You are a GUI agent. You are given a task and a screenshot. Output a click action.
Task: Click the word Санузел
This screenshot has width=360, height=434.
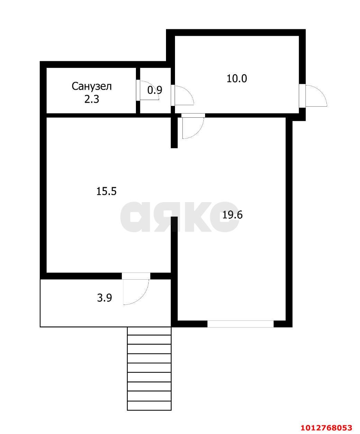[x=92, y=86]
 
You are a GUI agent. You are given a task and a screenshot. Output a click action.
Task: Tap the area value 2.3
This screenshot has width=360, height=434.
[x=92, y=99]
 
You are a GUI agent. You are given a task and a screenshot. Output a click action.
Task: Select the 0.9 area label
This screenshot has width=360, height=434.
[x=155, y=90]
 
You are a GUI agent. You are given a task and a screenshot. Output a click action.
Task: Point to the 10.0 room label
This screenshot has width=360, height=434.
[x=237, y=79]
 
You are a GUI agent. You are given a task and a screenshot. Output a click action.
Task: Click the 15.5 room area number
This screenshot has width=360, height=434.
[x=107, y=191]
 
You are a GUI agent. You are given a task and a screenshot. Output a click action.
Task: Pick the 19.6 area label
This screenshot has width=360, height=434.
[x=232, y=215]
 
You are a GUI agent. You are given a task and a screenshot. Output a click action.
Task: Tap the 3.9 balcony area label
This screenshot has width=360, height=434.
[x=104, y=298]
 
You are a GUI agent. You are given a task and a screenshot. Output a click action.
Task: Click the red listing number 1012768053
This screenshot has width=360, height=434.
[x=326, y=427]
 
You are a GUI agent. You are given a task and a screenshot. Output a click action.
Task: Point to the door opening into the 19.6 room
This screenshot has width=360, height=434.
[x=193, y=126]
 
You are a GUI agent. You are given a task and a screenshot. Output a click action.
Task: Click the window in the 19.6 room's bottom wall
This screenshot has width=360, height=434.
[x=240, y=324]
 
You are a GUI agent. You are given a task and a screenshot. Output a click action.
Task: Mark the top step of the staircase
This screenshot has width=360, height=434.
[x=149, y=331]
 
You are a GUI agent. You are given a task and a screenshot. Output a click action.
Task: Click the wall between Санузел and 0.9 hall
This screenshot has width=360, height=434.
[x=138, y=90]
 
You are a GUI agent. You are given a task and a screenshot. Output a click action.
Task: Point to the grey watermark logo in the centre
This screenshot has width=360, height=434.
[x=179, y=217]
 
